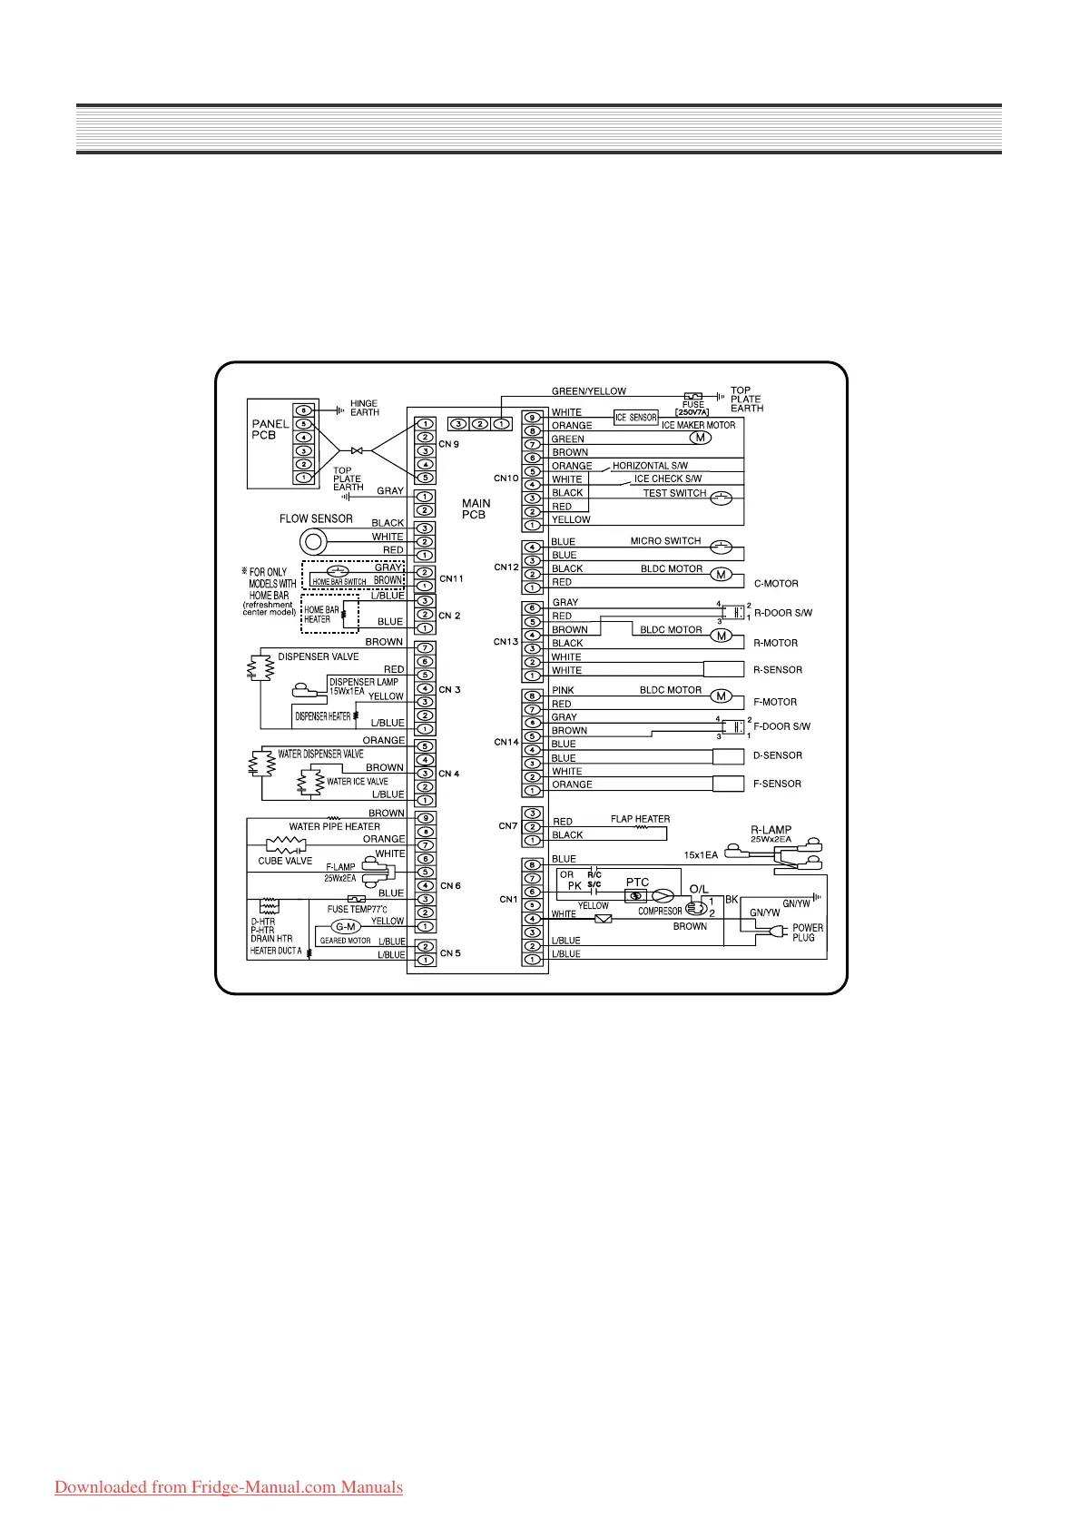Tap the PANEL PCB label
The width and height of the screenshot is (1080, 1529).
[x=270, y=429]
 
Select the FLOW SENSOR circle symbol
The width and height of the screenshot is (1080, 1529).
[x=313, y=542]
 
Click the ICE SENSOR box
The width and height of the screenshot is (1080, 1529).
[x=636, y=418]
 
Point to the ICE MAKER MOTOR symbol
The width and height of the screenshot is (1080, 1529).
[x=700, y=438]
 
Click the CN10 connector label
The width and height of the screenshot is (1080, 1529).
[x=506, y=478]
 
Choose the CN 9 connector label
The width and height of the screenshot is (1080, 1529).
[x=449, y=444]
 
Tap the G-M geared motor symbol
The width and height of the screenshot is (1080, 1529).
[x=346, y=926]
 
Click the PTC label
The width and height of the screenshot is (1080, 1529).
[x=637, y=882]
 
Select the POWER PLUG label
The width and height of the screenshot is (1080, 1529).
[x=807, y=932]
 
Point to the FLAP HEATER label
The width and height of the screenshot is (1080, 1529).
[x=640, y=819]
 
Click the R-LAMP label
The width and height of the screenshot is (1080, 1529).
[x=771, y=830]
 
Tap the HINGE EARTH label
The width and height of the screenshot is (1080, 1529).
[x=365, y=409]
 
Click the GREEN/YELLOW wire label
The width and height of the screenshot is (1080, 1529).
[x=589, y=391]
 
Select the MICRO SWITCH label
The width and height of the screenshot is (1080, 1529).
[x=665, y=541]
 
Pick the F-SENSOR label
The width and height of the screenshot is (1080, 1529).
[x=778, y=784]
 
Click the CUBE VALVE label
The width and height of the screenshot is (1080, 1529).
[x=285, y=861]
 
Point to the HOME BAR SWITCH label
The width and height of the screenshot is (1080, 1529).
[x=339, y=582]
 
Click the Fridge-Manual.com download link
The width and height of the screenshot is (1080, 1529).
[x=229, y=1487]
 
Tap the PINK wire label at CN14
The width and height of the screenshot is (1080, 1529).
[x=563, y=690]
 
